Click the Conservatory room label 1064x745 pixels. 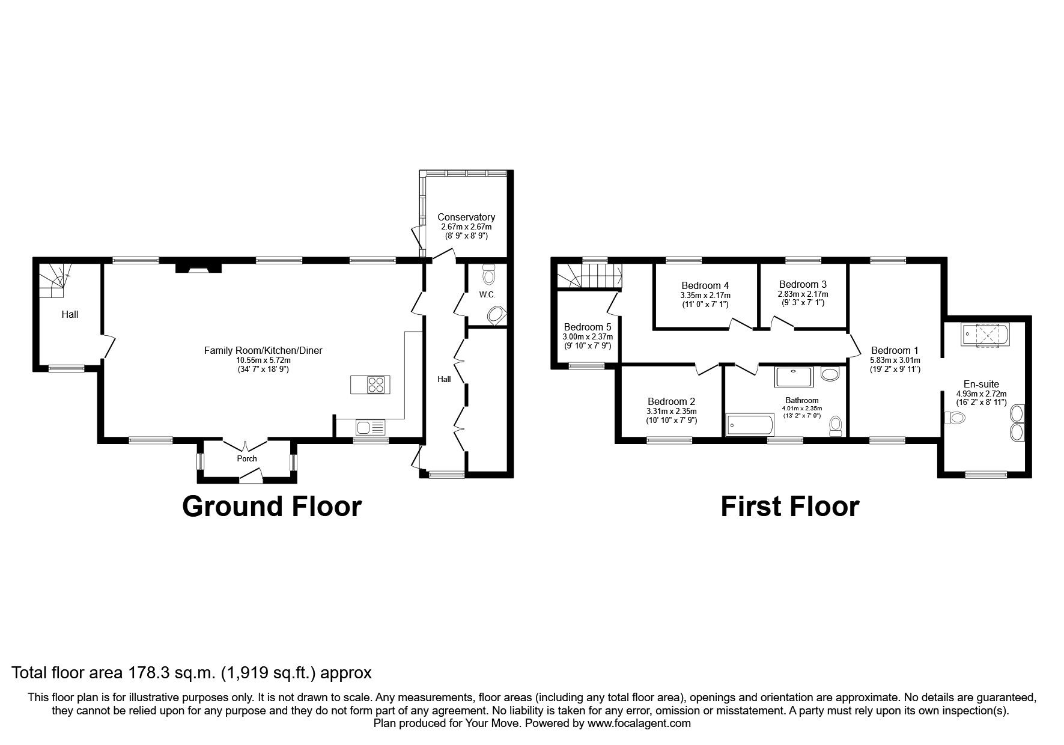pyautogui.click(x=466, y=217)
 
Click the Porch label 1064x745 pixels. pyautogui.click(x=246, y=458)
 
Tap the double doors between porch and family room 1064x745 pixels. pyautogui.click(x=246, y=446)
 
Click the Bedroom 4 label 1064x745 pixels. pyautogui.click(x=705, y=285)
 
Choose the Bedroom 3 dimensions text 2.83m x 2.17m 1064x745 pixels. pyautogui.click(x=803, y=294)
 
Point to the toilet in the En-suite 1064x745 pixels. pyautogui.click(x=954, y=418)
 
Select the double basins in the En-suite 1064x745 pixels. pyautogui.click(x=1017, y=422)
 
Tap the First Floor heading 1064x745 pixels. pyautogui.click(x=789, y=506)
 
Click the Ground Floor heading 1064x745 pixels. pyautogui.click(x=272, y=506)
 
